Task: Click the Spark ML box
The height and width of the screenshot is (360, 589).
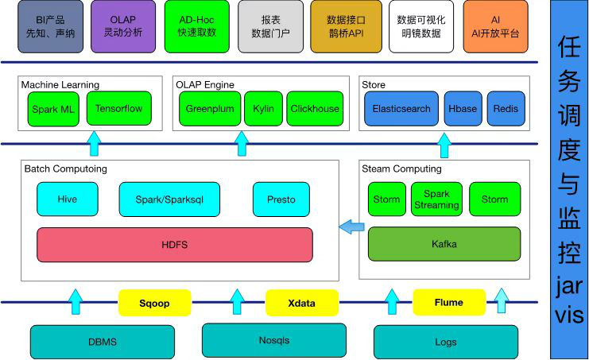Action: (x=52, y=109)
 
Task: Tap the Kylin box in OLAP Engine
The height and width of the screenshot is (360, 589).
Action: (x=263, y=109)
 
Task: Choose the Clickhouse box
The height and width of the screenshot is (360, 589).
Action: (x=314, y=109)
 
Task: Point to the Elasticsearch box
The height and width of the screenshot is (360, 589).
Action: (x=401, y=109)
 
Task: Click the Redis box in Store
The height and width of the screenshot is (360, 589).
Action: (x=506, y=109)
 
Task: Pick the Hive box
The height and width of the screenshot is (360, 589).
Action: (x=68, y=199)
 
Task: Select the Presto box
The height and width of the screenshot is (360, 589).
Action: (x=281, y=199)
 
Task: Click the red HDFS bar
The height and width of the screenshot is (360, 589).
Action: (x=175, y=245)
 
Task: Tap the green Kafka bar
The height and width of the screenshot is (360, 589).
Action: (x=444, y=244)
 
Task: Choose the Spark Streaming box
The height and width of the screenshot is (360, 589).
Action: (x=436, y=199)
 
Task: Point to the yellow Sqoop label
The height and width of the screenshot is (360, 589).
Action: (x=154, y=303)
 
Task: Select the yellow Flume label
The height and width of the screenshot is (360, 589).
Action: (x=448, y=302)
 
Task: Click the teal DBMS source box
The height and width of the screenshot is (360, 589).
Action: (x=103, y=342)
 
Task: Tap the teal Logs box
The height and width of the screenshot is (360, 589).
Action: (x=446, y=342)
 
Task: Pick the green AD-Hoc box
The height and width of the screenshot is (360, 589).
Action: (x=198, y=26)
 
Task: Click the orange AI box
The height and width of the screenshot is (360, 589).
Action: (x=495, y=26)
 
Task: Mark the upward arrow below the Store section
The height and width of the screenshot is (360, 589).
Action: (x=444, y=145)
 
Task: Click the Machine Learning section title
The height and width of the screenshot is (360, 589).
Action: (x=60, y=84)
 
